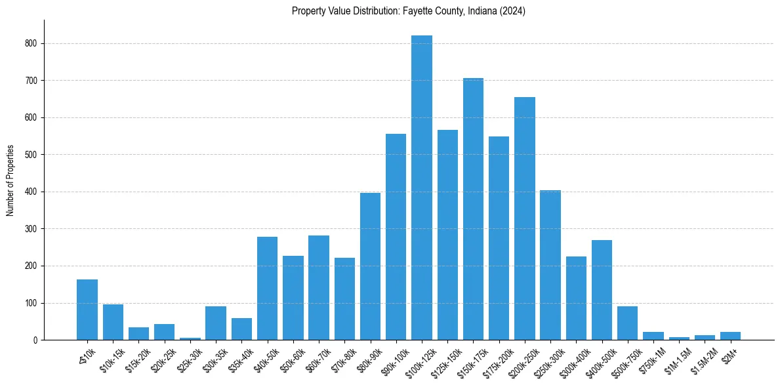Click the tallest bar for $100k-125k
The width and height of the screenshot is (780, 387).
[x=422, y=188]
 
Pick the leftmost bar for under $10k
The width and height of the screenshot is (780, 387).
[x=87, y=310]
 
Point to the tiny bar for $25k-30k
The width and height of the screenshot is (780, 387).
[x=190, y=338]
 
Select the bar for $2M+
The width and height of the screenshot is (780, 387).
[x=730, y=336]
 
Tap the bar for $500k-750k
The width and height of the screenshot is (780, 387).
[x=627, y=323]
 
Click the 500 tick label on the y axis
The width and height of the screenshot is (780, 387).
[x=31, y=155]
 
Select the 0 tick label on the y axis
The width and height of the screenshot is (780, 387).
[x=36, y=340]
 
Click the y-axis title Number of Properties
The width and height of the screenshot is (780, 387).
[x=10, y=180]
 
